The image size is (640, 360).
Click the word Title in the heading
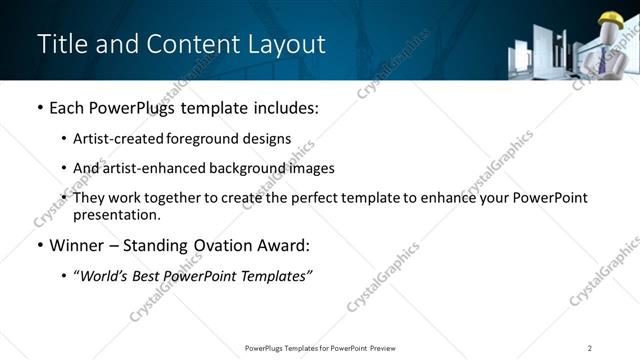(x=60, y=45)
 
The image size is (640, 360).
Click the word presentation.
(x=116, y=214)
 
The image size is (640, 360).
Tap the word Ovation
(x=224, y=246)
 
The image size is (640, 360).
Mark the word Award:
(x=285, y=246)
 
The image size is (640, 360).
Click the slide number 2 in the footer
(x=590, y=348)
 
